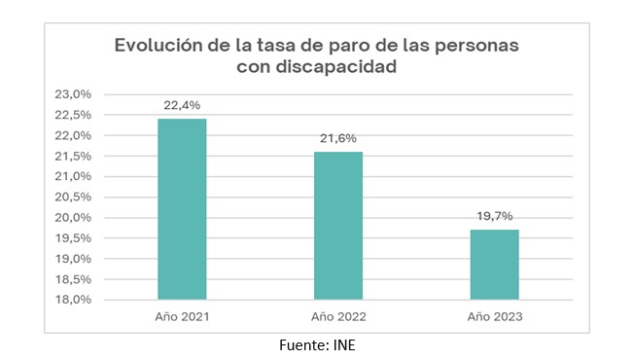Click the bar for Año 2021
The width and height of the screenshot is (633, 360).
(x=182, y=208)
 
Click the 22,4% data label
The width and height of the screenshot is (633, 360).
(x=182, y=105)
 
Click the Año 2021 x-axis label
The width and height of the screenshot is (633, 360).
(x=182, y=317)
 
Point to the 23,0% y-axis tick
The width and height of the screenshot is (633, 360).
(x=73, y=94)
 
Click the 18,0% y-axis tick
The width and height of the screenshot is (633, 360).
(x=73, y=300)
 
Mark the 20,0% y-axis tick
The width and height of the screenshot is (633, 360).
(x=73, y=218)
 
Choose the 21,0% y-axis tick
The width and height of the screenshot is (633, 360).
(x=73, y=176)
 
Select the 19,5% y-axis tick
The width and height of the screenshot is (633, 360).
(x=73, y=238)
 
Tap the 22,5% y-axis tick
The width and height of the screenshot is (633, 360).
(x=73, y=115)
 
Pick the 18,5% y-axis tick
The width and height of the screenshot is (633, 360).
(x=73, y=279)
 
